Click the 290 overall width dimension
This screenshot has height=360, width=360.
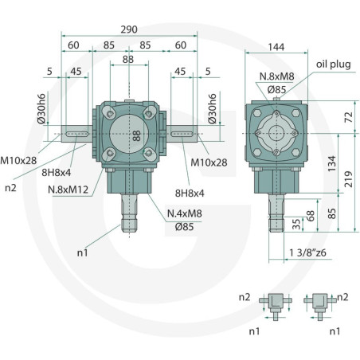[x=129, y=29]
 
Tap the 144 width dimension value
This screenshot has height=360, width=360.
[x=276, y=47]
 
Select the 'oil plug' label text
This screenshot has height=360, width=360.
[x=334, y=65]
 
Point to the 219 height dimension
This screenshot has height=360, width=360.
[x=348, y=179]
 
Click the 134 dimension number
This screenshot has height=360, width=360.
[x=332, y=163]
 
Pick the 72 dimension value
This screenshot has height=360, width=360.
[x=348, y=117]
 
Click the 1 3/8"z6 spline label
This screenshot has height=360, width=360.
[x=307, y=252]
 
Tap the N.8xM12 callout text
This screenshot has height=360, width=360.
[x=68, y=190]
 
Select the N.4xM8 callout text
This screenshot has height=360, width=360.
[x=185, y=213]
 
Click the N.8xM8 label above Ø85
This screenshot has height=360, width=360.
[x=276, y=76]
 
